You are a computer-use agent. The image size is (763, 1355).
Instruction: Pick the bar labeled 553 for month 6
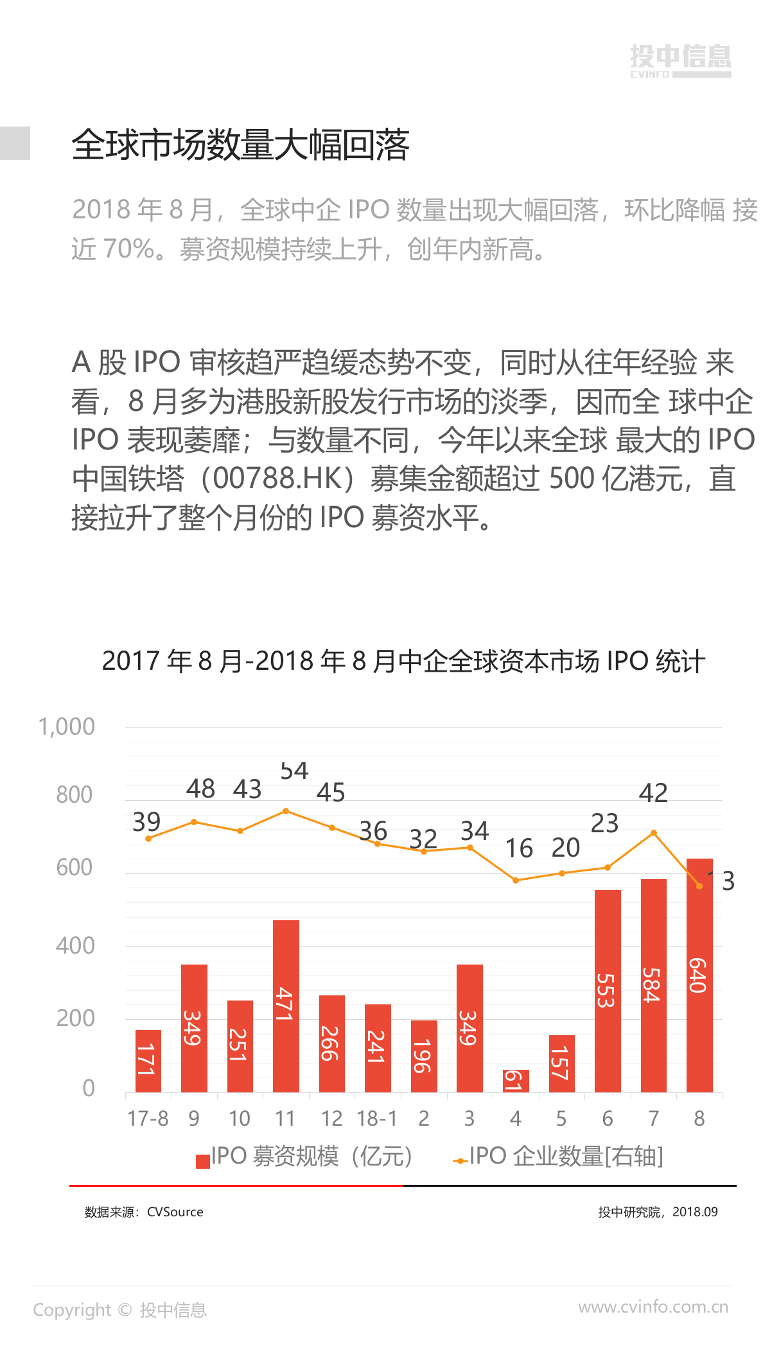[607, 990]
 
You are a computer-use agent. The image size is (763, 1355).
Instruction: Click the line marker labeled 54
[286, 811]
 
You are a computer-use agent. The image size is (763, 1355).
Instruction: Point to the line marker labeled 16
[516, 880]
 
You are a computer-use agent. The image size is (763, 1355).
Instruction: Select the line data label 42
[653, 793]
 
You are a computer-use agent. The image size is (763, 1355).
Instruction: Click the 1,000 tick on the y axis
[67, 727]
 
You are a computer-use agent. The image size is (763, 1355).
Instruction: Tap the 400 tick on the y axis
[75, 946]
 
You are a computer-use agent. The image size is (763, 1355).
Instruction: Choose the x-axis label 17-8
[148, 1119]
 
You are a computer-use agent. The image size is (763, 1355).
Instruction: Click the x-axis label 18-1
[377, 1119]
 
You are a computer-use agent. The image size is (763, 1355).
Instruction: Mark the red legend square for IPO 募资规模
[203, 1161]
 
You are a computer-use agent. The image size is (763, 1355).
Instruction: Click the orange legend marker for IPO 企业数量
[460, 1161]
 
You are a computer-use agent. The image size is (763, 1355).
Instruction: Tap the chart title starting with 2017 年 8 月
[403, 661]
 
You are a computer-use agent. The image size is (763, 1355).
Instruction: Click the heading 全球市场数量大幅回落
[240, 144]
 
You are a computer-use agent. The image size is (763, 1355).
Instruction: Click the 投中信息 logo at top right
[680, 60]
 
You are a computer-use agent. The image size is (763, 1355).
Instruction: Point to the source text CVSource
[175, 1212]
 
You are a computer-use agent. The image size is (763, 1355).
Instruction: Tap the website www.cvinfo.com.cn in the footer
[653, 1307]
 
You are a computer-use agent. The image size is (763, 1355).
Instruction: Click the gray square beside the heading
[15, 143]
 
